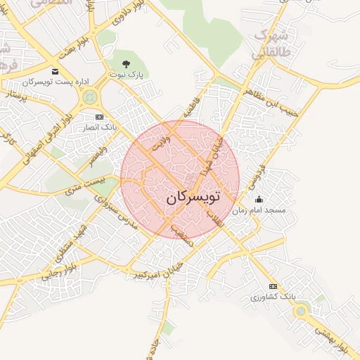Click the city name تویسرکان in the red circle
coord(193,198)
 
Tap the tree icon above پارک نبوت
coord(126,64)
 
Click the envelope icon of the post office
coord(56,71)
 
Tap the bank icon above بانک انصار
coord(98,116)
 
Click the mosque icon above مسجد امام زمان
coord(259,199)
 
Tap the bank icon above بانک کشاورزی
coord(273,286)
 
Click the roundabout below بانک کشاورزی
coord(301,310)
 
